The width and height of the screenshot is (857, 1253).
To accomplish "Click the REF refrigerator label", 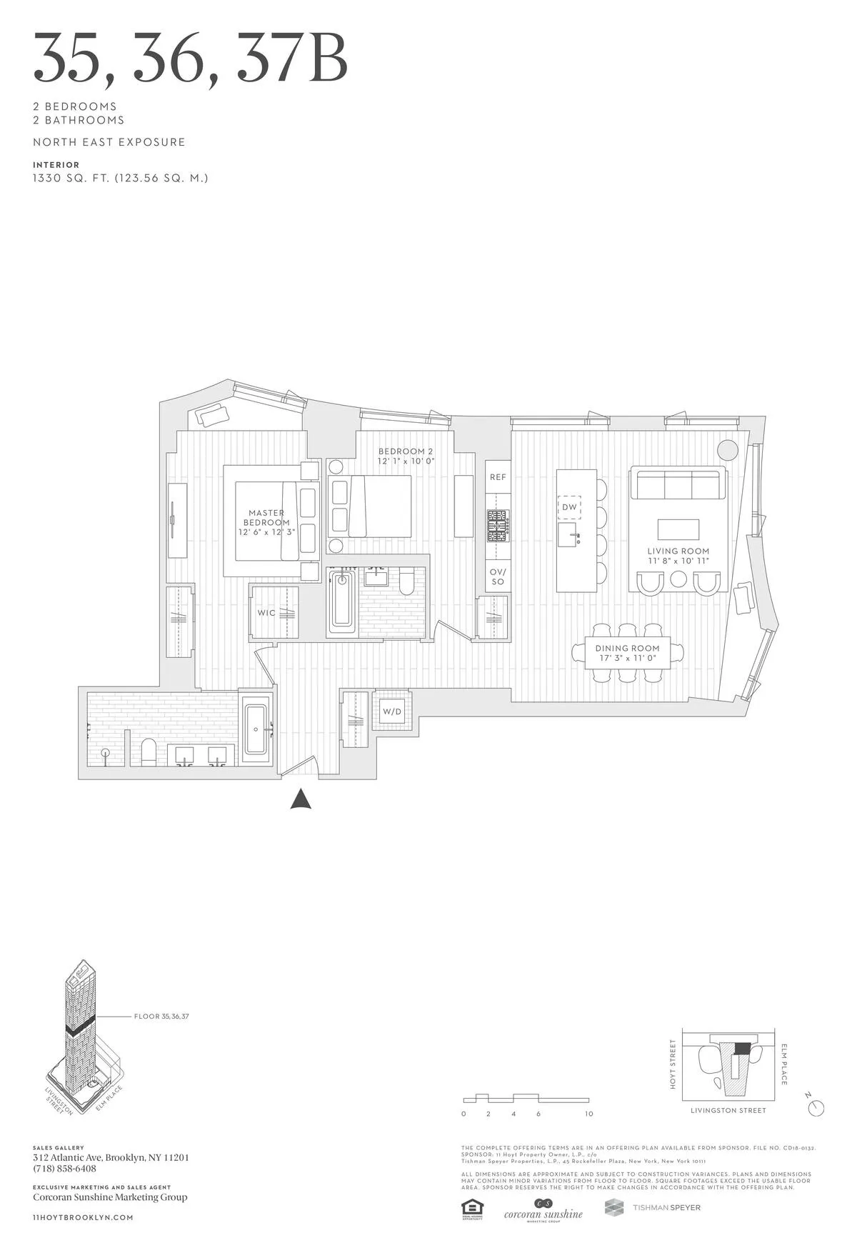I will point(498,477).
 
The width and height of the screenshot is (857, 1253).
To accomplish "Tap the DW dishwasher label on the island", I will point(569,507).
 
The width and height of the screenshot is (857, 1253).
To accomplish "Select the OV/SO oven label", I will point(498,576).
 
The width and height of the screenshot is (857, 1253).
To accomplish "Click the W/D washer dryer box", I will point(392,711).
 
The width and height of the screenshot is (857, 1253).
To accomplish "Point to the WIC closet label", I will point(266,613).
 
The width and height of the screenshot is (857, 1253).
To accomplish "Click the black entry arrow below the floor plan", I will point(301,799).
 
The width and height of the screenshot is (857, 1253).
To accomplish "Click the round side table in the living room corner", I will point(727,450).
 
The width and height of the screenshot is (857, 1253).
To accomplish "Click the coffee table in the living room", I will point(678,529).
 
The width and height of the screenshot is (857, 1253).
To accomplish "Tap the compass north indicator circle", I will point(816,1108).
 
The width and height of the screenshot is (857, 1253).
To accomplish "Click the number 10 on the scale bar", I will point(589,1114).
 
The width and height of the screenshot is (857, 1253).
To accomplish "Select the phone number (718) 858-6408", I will point(64,1169).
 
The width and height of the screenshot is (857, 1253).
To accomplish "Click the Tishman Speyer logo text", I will point(666,1207).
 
